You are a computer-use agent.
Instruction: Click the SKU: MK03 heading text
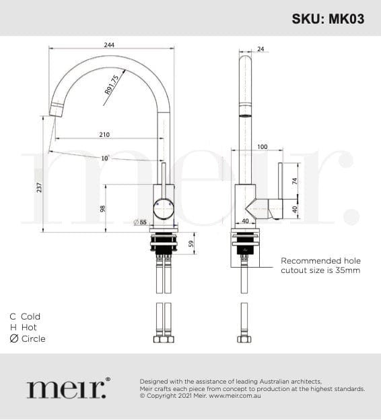328,19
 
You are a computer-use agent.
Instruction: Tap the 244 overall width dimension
109,44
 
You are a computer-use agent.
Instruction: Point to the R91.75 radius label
112,85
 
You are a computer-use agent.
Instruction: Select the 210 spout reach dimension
104,134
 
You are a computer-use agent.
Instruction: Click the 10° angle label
105,158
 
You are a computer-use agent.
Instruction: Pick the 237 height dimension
39,187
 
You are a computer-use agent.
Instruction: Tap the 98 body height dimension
103,209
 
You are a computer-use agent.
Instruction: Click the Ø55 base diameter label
141,222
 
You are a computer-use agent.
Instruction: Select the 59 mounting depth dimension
191,244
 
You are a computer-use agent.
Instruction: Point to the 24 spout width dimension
261,49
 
